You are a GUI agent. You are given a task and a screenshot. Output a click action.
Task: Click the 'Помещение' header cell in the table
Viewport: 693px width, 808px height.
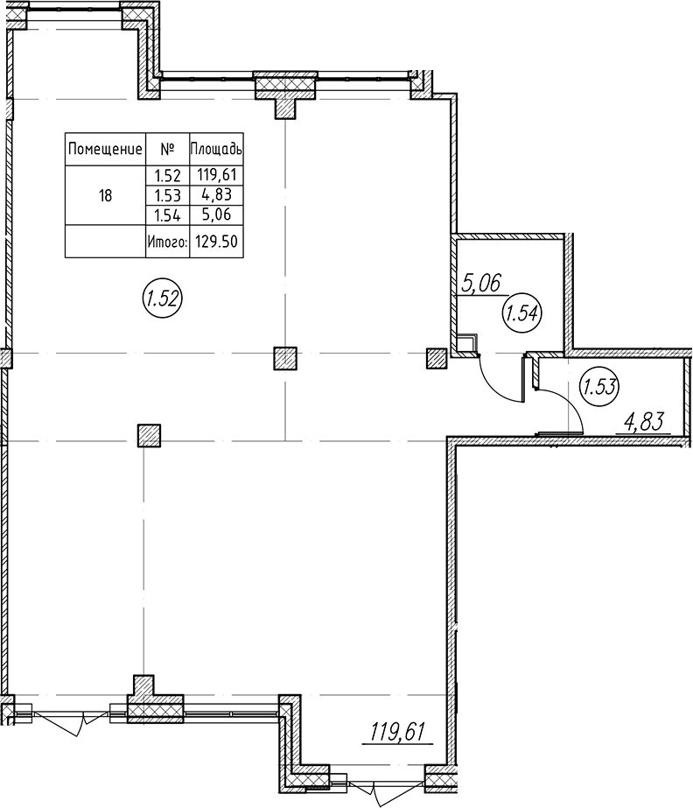(105, 150)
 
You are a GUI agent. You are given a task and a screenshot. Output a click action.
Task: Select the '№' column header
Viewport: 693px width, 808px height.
(167, 150)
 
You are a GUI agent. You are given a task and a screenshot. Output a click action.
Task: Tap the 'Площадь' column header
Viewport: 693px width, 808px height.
(216, 150)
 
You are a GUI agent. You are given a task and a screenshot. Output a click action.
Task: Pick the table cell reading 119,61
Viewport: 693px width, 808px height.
(216, 175)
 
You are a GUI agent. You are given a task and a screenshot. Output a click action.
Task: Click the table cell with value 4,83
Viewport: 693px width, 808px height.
(217, 195)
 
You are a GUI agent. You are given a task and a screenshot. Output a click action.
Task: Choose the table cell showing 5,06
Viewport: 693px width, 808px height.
(217, 214)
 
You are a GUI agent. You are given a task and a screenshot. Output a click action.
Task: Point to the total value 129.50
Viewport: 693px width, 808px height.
(216, 241)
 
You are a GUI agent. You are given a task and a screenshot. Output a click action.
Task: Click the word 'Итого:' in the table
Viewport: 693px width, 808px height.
(167, 241)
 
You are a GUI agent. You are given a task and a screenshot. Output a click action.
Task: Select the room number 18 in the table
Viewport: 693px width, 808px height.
(105, 195)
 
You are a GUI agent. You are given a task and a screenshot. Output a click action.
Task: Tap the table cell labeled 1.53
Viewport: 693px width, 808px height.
(167, 195)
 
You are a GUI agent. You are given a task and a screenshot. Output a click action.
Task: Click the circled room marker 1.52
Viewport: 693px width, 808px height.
(163, 299)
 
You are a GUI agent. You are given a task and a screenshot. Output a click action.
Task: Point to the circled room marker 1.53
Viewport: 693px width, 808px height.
(599, 386)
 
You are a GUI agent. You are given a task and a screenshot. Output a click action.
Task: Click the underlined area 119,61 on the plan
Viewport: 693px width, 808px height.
(398, 732)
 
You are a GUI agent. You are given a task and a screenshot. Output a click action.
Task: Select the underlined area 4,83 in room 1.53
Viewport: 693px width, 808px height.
(644, 423)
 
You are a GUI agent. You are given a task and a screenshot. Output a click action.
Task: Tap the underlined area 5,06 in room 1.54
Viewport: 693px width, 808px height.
(481, 284)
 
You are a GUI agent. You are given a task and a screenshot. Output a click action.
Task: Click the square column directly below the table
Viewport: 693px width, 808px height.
(285, 359)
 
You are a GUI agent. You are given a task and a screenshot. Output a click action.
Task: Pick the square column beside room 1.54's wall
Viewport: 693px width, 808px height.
(437, 358)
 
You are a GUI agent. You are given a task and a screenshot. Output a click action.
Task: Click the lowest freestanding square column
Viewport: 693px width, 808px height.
(150, 435)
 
